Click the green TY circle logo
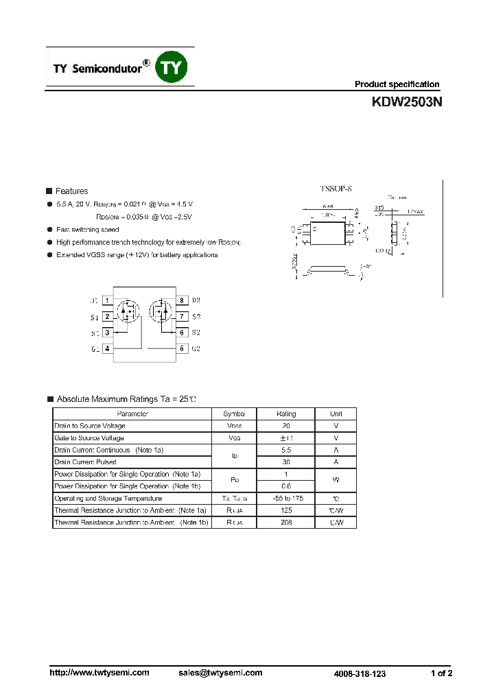[x=172, y=67]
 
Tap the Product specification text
[x=397, y=84]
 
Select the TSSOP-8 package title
[x=336, y=188]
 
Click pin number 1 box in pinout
[x=108, y=300]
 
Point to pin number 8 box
[x=182, y=300]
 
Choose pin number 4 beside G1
[x=108, y=348]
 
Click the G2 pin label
[x=196, y=348]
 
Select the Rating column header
[x=286, y=414]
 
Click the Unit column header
[x=336, y=414]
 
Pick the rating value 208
[x=286, y=523]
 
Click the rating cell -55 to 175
[x=286, y=499]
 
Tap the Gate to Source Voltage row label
[x=89, y=438]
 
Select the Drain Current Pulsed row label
[x=86, y=462]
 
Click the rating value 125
[x=286, y=510]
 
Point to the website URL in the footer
[x=99, y=673]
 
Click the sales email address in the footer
[x=220, y=673]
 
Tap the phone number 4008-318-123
[x=360, y=674]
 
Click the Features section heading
[x=71, y=191]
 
